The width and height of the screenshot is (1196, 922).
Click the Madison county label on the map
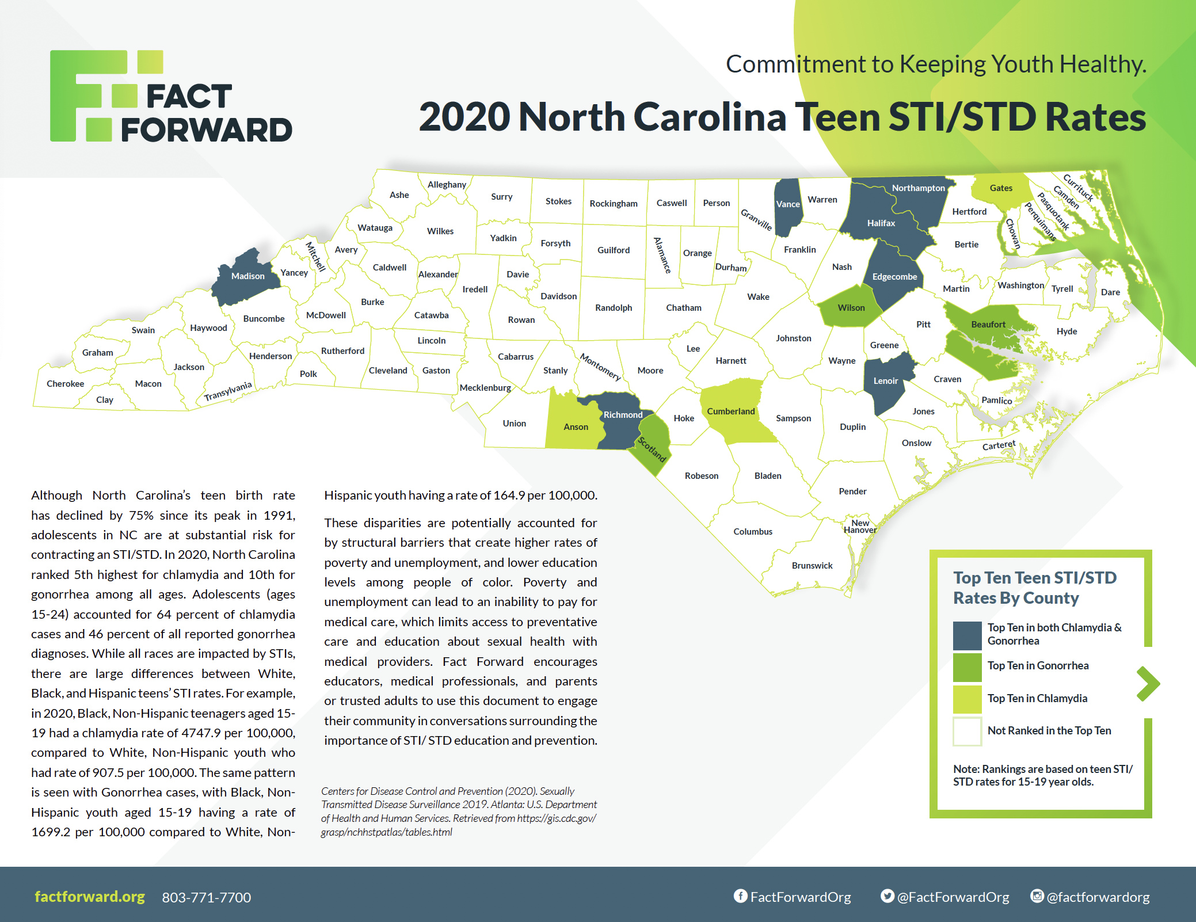pos(247,276)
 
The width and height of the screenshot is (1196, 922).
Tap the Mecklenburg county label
pos(485,388)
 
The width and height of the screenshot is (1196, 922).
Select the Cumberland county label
pos(730,412)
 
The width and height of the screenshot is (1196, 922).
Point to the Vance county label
pos(787,204)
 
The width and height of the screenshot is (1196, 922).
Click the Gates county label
pos(1001,188)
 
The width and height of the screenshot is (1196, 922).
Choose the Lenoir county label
pos(885,381)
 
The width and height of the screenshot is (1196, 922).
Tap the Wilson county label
pos(851,308)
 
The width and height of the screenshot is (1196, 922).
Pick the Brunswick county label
pos(812,566)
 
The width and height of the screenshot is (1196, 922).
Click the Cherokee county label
pos(65,384)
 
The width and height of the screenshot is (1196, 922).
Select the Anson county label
pos(576,427)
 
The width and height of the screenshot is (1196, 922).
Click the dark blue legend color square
pos(967,635)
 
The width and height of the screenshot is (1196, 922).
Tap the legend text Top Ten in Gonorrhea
pos(1038,666)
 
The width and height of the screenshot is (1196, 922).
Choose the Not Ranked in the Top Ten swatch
pos(967,731)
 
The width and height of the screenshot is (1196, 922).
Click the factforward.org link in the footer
pos(90,897)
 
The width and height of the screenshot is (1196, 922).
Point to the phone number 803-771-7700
pos(206,897)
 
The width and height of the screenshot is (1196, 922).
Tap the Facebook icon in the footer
pos(740,896)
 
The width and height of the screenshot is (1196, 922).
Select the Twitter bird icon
pos(888,896)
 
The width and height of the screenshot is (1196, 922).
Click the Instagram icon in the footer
pos(1037,896)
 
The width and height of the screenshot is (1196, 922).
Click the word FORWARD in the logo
pos(207,130)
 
